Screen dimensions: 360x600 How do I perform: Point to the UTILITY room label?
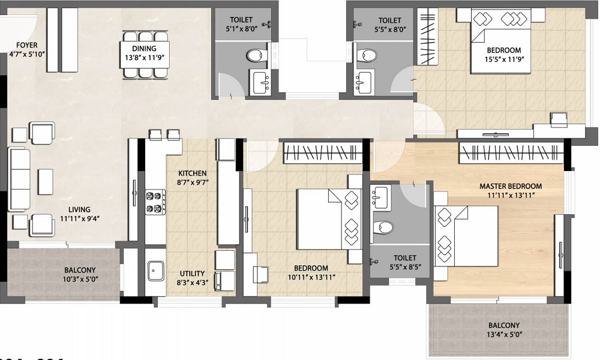(x=192, y=273)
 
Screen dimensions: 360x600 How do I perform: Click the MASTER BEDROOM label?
(x=510, y=186)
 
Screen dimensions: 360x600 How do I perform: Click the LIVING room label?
(x=79, y=209)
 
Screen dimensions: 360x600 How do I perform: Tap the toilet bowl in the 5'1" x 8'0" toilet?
(x=256, y=56)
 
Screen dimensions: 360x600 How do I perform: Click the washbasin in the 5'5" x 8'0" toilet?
(x=364, y=80)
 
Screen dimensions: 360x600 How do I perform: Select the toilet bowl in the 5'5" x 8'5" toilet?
(x=383, y=227)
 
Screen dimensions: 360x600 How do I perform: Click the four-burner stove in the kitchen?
(x=155, y=202)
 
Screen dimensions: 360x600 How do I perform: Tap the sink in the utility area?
(x=155, y=271)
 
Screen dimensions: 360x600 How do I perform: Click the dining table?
(x=145, y=56)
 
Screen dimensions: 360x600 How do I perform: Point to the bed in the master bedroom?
(x=468, y=236)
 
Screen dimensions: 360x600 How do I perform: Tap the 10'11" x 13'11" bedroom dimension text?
(x=311, y=277)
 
